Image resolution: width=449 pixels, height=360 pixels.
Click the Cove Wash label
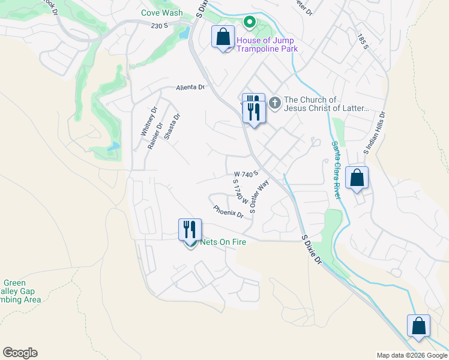(162, 13)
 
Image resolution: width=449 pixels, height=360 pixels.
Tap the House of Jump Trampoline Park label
(267, 45)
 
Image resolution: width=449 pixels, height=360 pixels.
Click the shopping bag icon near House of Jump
(223, 37)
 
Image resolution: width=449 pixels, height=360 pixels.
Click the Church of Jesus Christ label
(326, 106)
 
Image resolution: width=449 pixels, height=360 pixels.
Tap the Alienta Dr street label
(190, 88)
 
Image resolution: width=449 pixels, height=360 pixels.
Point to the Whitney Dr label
(148, 121)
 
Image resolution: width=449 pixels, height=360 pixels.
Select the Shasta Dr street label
(172, 127)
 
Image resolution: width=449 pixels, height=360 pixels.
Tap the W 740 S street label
(246, 173)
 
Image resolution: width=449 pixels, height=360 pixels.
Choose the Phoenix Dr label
(228, 211)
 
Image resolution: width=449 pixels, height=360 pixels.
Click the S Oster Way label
(259, 197)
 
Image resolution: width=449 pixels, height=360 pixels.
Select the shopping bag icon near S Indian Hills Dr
(357, 178)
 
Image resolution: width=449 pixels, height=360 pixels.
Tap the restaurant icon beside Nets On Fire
(190, 229)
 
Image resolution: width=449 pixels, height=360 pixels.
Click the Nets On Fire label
(219, 242)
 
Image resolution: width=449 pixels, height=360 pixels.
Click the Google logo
(20, 353)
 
